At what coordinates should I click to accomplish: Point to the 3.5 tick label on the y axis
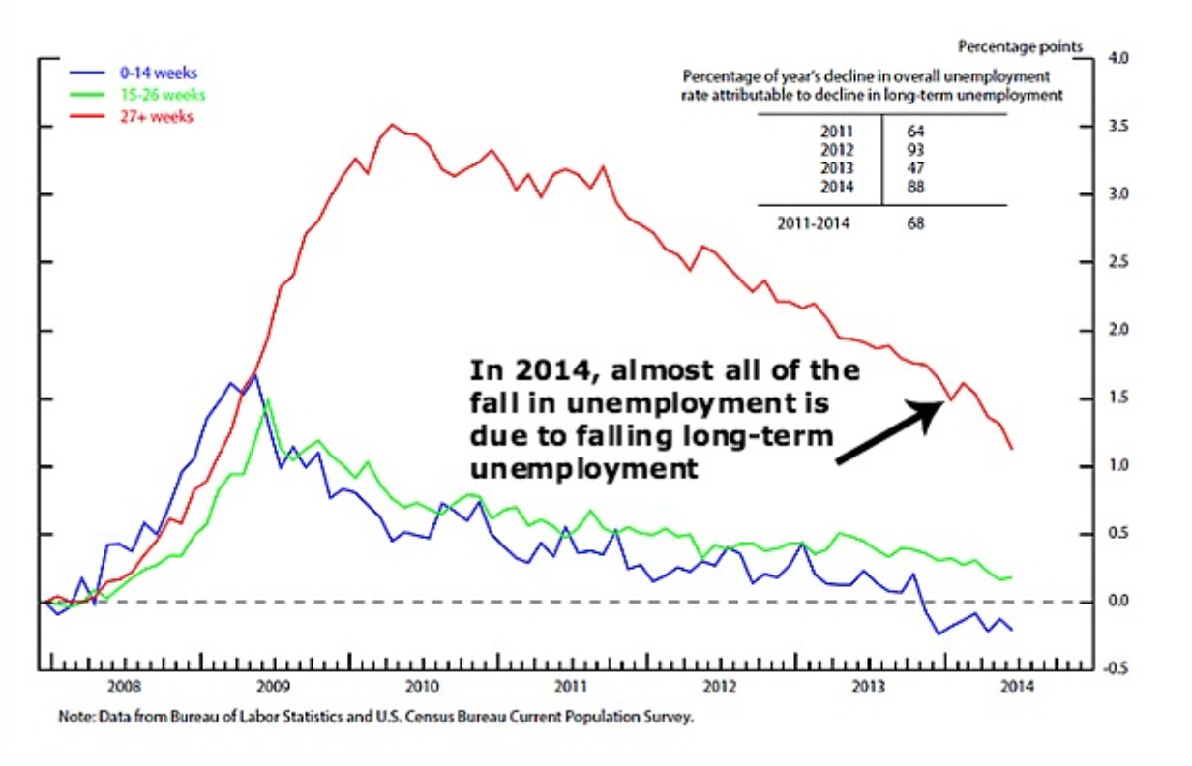(1117, 127)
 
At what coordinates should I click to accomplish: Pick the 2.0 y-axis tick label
(1117, 331)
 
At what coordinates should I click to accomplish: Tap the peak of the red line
(391, 124)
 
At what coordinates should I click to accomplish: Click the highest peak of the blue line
(254, 374)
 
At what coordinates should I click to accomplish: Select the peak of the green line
(268, 398)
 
